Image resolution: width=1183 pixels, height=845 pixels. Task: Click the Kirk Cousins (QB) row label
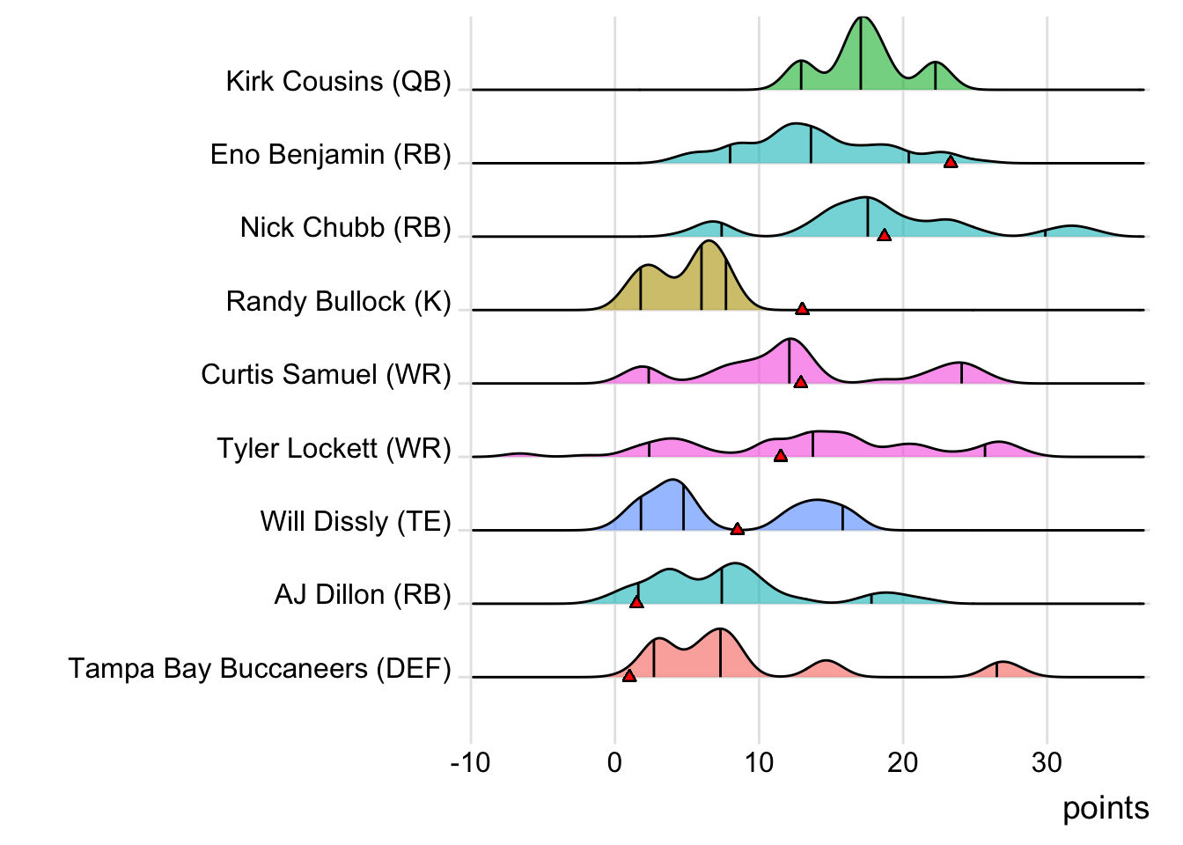tap(338, 82)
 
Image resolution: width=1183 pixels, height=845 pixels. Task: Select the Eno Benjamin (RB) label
tap(330, 155)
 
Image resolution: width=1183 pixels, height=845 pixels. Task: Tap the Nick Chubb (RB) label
tap(345, 228)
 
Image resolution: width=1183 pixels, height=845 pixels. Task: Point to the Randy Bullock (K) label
tap(338, 302)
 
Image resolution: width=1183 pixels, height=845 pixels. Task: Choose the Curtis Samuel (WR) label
tap(326, 375)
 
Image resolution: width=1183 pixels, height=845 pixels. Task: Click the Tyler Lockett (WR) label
tap(334, 449)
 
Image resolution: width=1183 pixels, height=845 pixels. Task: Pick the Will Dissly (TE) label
tap(356, 522)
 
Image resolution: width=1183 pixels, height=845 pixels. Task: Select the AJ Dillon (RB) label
tap(363, 595)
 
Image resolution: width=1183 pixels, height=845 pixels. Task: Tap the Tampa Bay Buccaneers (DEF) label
tap(260, 669)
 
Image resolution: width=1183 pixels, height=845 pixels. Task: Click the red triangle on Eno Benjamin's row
tap(951, 161)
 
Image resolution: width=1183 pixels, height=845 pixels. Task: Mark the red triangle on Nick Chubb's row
tap(884, 234)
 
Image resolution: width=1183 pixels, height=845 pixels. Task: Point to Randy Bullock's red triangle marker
tap(802, 308)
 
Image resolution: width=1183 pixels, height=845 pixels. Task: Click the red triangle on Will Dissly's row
tap(738, 528)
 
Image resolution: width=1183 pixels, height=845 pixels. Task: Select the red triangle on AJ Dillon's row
tap(636, 602)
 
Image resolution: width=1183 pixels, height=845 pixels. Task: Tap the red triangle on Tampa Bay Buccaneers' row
tap(629, 675)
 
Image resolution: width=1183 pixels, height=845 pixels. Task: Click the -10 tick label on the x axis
tap(470, 762)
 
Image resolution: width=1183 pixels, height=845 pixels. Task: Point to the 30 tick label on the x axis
tap(1047, 762)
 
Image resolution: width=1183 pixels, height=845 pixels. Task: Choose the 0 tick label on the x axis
tap(614, 762)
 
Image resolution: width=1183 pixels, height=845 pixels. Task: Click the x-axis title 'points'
tap(1106, 808)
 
